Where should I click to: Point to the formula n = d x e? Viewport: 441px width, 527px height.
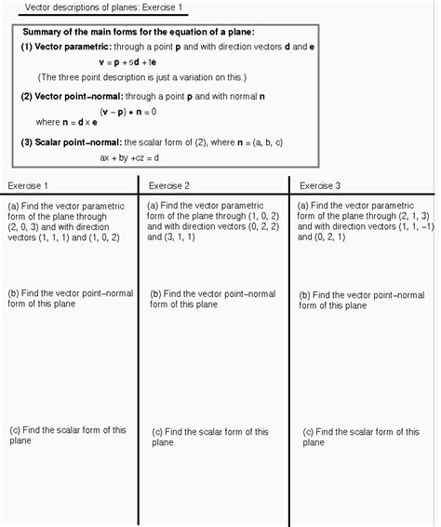[x=80, y=122]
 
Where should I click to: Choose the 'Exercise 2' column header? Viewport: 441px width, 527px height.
[x=169, y=185]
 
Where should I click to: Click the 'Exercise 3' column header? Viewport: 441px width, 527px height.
[x=320, y=185]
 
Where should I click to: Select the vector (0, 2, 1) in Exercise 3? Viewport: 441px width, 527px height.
[x=329, y=236]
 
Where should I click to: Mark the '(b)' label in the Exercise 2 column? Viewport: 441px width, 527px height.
[x=156, y=293]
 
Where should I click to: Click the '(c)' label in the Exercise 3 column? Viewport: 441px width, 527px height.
[x=308, y=432]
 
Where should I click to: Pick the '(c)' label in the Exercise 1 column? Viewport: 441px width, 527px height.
[x=14, y=429]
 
